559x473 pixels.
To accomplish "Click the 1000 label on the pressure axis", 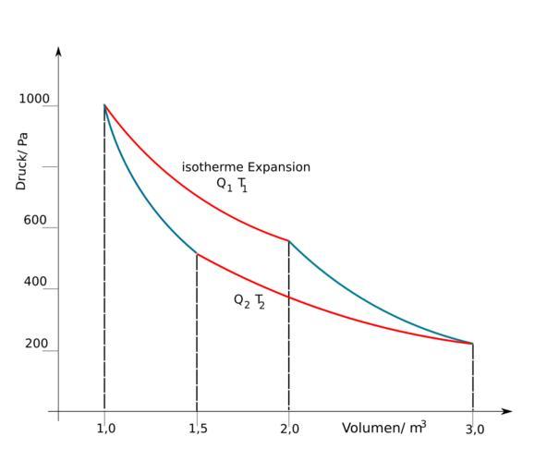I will coord(35,99).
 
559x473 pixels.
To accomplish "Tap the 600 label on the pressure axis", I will coord(35,222).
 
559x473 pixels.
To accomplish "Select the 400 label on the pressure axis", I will coord(35,282).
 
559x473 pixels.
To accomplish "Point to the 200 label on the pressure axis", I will coord(35,344).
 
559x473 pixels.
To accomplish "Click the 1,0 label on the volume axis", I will coord(105,429).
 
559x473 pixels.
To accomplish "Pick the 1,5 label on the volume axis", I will coord(197,429).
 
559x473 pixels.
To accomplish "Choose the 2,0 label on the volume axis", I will coord(289,429).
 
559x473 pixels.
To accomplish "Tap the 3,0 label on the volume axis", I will coord(474,429).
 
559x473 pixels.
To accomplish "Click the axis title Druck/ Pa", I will coord(21,161).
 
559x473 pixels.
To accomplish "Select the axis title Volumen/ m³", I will coord(383,428).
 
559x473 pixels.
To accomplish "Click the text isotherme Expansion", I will coord(246,167).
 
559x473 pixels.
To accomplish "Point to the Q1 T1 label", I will coord(232,184).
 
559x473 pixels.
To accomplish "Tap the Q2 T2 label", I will coord(249,301).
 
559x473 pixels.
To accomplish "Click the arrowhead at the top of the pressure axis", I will coord(58,51).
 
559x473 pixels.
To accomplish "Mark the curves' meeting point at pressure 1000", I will coord(104,105).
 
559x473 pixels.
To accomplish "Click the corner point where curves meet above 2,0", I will coord(289,241).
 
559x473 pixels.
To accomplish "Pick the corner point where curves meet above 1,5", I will coord(197,254).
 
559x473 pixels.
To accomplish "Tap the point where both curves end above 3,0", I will coord(473,344).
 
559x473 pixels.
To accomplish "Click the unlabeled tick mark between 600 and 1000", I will coord(58,166).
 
